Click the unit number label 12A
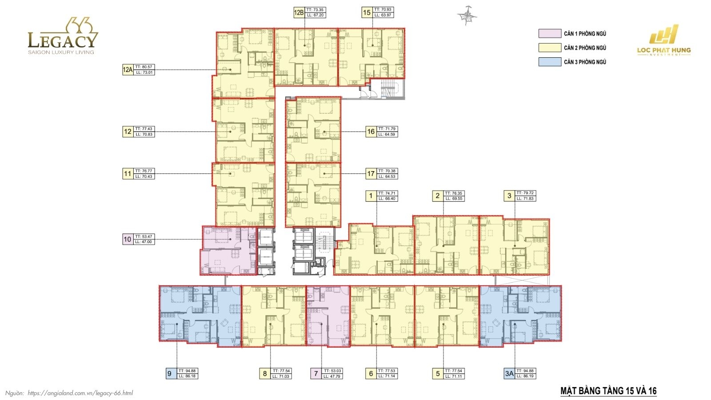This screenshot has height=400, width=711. (128, 70)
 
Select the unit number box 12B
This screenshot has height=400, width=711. (299, 12)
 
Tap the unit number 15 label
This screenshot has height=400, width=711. (367, 12)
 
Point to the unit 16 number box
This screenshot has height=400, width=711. (371, 132)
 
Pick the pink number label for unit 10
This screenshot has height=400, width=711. (128, 240)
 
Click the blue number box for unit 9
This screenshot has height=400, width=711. (169, 374)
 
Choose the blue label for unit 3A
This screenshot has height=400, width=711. (509, 374)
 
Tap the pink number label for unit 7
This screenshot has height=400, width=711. (316, 374)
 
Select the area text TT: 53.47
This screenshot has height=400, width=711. (144, 237)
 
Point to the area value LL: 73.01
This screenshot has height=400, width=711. (144, 72)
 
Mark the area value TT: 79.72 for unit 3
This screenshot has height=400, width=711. (525, 193)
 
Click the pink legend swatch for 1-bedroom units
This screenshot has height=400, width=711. (550, 34)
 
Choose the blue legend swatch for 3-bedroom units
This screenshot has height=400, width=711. (550, 62)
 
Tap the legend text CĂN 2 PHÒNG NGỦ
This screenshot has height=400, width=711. (585, 48)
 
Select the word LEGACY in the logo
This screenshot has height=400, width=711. (62, 41)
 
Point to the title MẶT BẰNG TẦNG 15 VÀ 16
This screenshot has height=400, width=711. (608, 391)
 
